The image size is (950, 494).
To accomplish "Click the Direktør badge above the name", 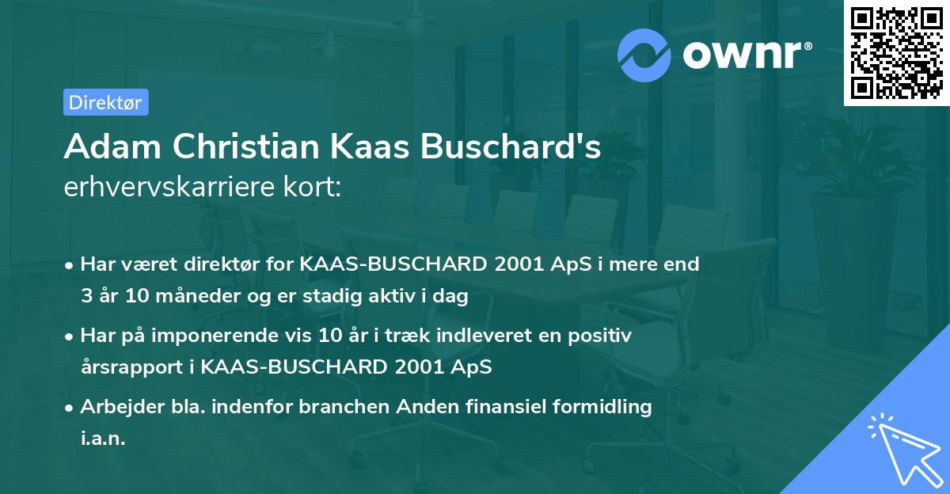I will (x=105, y=102).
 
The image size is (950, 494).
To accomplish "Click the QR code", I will (x=896, y=53).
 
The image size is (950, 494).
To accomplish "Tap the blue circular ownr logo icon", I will (x=644, y=55).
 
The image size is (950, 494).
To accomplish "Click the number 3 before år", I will (x=86, y=297).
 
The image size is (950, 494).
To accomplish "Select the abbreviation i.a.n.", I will (x=103, y=439).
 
